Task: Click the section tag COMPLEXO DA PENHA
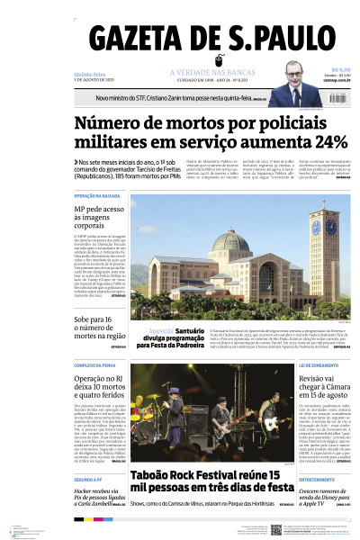(x=96, y=365)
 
